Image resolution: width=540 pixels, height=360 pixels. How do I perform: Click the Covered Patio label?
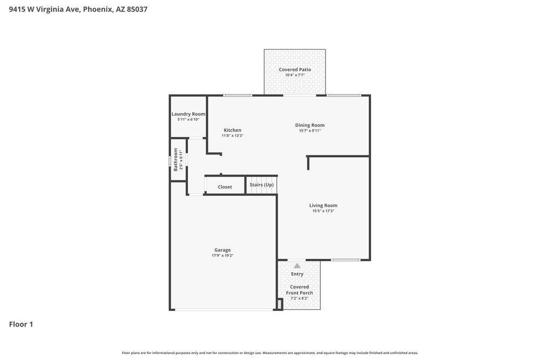tap(295, 69)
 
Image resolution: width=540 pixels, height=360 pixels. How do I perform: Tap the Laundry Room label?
tap(188, 114)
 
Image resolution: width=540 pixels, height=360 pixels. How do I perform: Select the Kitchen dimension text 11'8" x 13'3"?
tap(232, 135)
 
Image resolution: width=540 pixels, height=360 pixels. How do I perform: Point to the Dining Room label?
tap(310, 125)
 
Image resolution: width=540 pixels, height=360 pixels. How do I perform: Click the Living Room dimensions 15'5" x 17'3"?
tap(323, 211)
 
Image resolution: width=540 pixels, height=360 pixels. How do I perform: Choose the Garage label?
tap(222, 250)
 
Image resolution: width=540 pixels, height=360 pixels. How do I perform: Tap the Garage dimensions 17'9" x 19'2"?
tap(222, 255)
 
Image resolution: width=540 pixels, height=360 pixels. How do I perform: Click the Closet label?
tap(225, 187)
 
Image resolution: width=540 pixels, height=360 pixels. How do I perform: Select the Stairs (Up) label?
tap(261, 185)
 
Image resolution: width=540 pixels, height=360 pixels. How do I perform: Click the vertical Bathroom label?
tap(175, 160)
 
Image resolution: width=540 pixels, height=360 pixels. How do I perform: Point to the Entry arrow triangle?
tap(297, 266)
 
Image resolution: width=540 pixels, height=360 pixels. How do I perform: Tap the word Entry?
tap(297, 274)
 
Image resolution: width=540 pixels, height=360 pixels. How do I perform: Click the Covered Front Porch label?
tap(300, 290)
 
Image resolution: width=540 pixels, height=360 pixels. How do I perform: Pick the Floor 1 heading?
tap(21, 324)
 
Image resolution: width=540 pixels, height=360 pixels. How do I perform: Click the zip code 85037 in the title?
tap(137, 9)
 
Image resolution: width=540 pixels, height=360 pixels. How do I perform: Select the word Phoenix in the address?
tap(97, 9)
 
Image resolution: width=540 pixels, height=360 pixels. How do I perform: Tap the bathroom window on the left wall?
tap(170, 161)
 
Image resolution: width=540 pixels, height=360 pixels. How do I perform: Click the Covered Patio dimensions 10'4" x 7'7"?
tap(295, 75)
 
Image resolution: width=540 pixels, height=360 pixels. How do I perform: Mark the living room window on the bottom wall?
tap(346, 260)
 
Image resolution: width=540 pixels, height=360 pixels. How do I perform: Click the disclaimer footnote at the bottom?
tap(270, 353)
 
